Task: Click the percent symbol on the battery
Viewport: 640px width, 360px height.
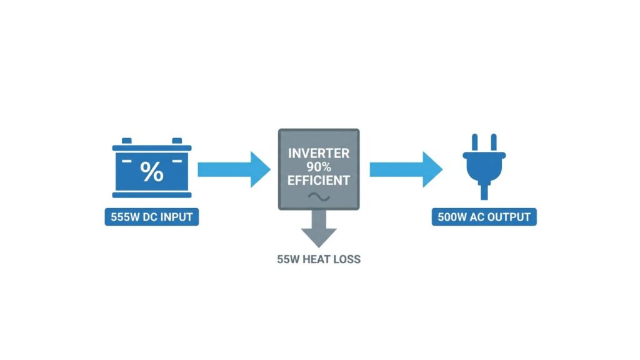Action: point(152,171)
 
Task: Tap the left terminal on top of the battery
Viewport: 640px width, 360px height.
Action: point(127,141)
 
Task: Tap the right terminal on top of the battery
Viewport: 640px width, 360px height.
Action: point(177,141)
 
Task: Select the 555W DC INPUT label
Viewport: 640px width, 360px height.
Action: point(152,217)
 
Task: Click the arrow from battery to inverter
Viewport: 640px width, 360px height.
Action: point(234,169)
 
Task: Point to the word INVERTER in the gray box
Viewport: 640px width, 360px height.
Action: point(319,154)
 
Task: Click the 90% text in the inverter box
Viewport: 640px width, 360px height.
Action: point(319,167)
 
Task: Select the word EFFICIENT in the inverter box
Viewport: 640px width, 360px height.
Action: point(319,181)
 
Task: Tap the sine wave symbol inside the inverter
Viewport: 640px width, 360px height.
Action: point(319,197)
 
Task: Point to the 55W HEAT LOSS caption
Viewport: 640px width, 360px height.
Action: point(319,259)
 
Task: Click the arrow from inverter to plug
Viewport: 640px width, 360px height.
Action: point(406,169)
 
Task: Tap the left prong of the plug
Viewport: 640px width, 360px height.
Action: point(475,143)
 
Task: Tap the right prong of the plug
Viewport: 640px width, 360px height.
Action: point(494,143)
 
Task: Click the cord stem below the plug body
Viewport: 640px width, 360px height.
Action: point(484,191)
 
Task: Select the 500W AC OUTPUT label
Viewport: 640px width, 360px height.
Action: point(484,217)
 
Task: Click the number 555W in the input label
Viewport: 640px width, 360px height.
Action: point(125,217)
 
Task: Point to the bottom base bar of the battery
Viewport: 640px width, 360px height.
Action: point(152,195)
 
